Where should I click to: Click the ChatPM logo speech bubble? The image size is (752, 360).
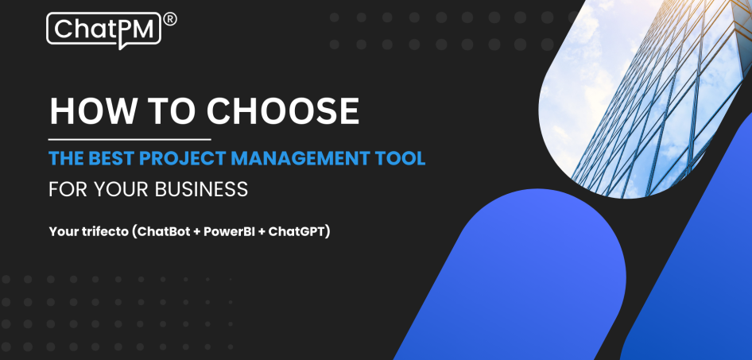pyautogui.click(x=103, y=29)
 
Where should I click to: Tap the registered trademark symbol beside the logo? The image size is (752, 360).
pyautogui.click(x=169, y=18)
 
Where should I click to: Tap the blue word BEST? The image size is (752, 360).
pyautogui.click(x=109, y=159)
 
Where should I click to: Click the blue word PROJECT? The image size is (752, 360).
pyautogui.click(x=183, y=159)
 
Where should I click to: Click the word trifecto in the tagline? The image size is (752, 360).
pyautogui.click(x=104, y=232)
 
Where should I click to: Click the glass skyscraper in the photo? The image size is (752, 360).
pyautogui.click(x=636, y=103)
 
